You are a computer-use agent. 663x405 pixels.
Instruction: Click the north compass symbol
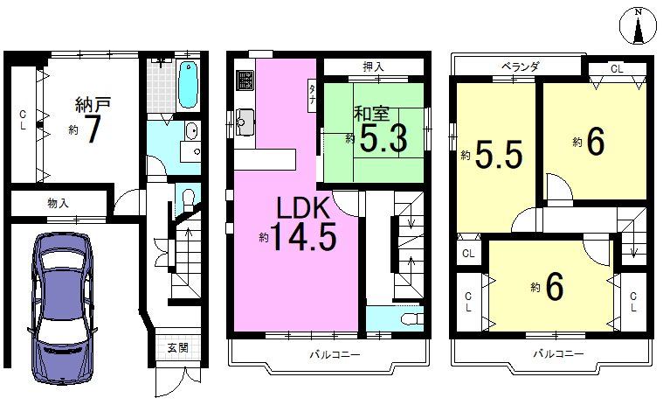[x=638, y=26]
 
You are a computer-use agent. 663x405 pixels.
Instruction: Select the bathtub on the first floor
[x=188, y=85]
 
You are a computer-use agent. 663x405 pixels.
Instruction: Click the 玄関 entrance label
[x=178, y=348]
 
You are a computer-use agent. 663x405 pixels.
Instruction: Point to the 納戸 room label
[x=93, y=104]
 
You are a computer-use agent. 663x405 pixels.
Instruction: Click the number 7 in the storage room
[x=93, y=129]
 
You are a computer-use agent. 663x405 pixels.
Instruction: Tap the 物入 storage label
[x=58, y=203]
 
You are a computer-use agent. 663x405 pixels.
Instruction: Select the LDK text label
[x=302, y=208]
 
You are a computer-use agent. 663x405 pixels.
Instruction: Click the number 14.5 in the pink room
[x=303, y=236]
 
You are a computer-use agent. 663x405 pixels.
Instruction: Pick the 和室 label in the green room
[x=371, y=114]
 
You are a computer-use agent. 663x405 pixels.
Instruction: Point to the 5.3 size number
[x=383, y=137]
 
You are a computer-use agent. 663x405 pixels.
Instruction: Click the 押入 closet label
[x=374, y=66]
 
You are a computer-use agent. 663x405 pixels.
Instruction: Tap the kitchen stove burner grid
[x=245, y=80]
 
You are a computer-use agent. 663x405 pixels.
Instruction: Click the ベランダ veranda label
[x=521, y=66]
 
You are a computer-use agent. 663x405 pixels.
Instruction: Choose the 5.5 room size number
[x=500, y=155]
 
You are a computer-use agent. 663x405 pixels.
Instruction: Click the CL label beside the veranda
[x=617, y=68]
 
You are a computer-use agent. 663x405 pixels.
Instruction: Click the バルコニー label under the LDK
[x=335, y=354]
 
